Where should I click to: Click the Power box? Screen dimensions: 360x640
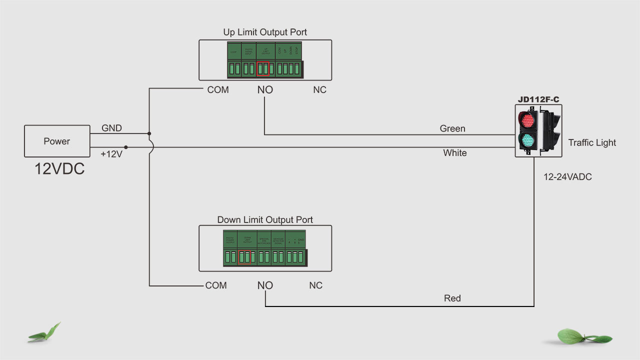pyautogui.click(x=56, y=141)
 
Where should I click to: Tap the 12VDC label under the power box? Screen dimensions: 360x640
pyautogui.click(x=59, y=168)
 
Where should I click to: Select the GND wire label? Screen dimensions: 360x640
pyautogui.click(x=111, y=128)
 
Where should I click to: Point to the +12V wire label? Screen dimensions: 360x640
pyautogui.click(x=111, y=154)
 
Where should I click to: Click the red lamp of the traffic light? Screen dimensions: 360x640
pyautogui.click(x=527, y=120)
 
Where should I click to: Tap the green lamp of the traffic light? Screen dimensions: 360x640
pyautogui.click(x=527, y=141)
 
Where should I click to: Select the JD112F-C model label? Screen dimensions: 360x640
pyautogui.click(x=538, y=99)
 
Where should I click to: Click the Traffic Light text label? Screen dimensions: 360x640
pyautogui.click(x=592, y=142)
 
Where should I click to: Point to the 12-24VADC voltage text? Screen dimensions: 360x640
pyautogui.click(x=567, y=176)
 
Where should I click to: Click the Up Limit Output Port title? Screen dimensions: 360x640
pyautogui.click(x=265, y=32)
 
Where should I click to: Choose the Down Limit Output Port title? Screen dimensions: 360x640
pyautogui.click(x=265, y=219)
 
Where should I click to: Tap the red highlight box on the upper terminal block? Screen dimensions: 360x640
pyautogui.click(x=263, y=68)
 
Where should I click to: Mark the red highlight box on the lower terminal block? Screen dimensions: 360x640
pyautogui.click(x=244, y=256)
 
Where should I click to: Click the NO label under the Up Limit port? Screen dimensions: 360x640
pyautogui.click(x=265, y=90)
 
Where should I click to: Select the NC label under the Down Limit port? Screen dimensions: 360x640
pyautogui.click(x=315, y=285)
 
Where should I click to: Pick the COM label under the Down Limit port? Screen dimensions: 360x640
pyautogui.click(x=216, y=285)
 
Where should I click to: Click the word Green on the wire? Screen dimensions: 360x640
pyautogui.click(x=452, y=128)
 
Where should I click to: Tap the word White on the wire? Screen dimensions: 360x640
pyautogui.click(x=455, y=153)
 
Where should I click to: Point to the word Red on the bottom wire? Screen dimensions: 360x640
pyautogui.click(x=452, y=298)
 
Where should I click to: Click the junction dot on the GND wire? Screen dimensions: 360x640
pyautogui.click(x=149, y=133)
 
